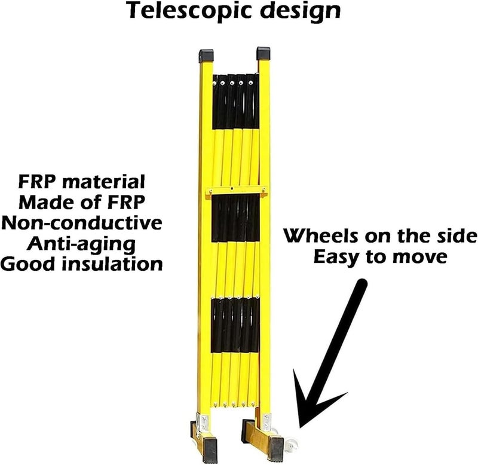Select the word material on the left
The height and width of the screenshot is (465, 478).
coord(103,182)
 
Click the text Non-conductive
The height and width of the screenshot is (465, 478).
coord(82,222)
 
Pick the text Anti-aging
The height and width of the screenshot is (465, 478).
coord(81,244)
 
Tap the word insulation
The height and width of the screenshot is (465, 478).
coord(112,264)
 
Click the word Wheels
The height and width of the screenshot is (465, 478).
coord(321,236)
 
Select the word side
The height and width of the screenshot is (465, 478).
coord(456,236)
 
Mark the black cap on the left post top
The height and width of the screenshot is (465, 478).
coord(206,56)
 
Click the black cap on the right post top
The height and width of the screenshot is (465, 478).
coord(263,53)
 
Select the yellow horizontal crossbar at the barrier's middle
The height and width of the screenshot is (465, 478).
coord(237,192)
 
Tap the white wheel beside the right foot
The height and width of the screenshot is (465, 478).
coord(291,445)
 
